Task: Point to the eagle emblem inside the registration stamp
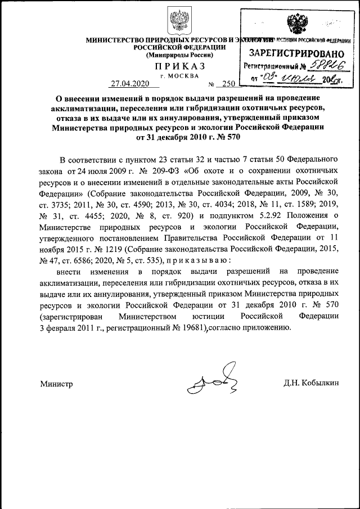[x=296, y=26]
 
